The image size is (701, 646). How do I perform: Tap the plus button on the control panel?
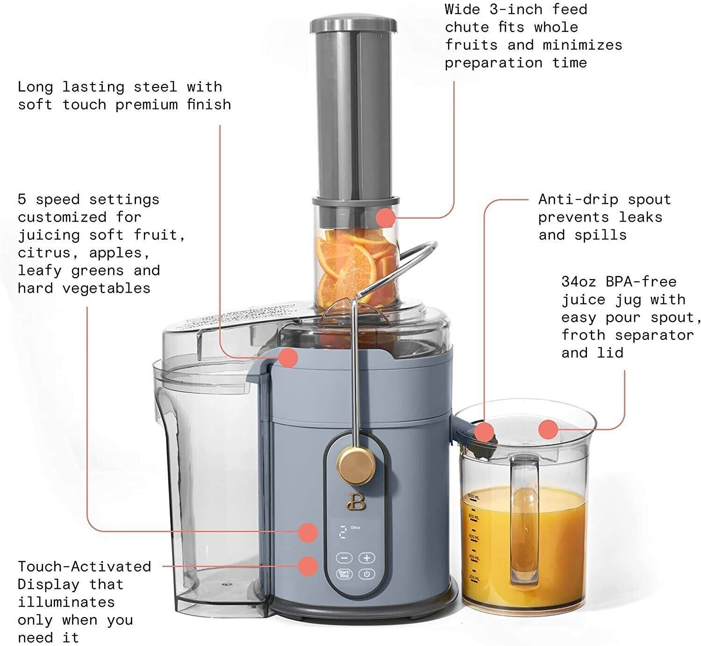click(367, 558)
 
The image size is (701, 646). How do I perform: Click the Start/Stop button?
click(344, 574)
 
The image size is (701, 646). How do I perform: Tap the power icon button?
click(367, 574)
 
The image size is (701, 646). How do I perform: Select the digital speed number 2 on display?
click(343, 532)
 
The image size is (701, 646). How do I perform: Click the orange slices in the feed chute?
click(355, 266)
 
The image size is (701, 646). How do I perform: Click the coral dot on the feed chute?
click(386, 217)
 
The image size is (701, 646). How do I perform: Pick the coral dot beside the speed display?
click(308, 532)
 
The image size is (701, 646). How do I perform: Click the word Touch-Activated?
click(85, 567)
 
